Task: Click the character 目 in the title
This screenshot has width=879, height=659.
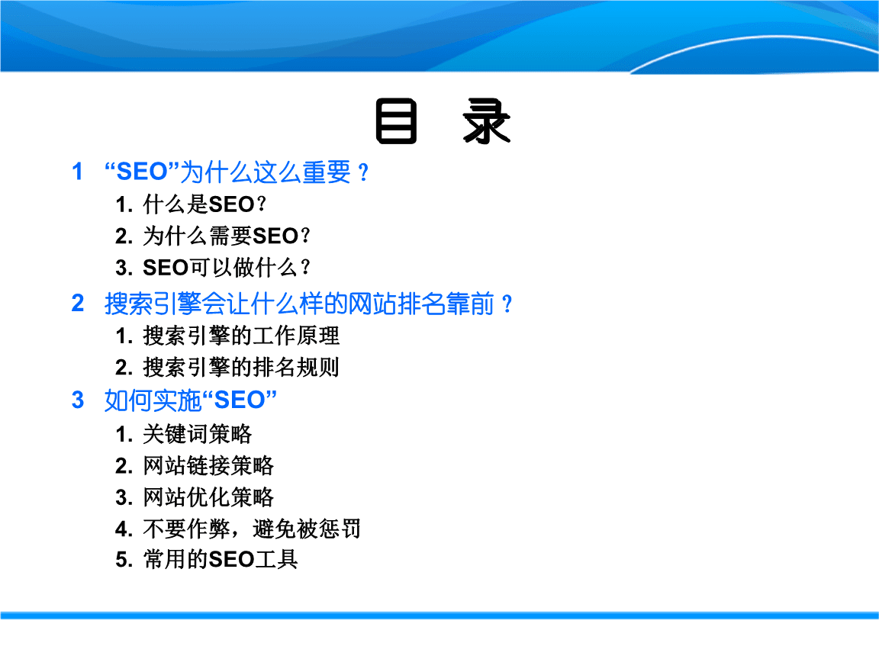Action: (396, 123)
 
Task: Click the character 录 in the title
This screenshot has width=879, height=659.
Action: (486, 123)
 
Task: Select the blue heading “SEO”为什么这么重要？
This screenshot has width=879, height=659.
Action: (237, 172)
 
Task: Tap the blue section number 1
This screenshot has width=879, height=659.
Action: (77, 172)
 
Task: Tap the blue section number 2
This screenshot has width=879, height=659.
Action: (77, 304)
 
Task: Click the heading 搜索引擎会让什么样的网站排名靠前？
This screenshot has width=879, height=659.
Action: (309, 304)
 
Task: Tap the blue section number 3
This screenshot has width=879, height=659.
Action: (77, 400)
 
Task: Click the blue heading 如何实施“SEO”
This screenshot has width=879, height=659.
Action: (190, 400)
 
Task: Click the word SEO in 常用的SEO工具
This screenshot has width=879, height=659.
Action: (230, 560)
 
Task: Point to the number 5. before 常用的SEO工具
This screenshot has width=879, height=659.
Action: (124, 560)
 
